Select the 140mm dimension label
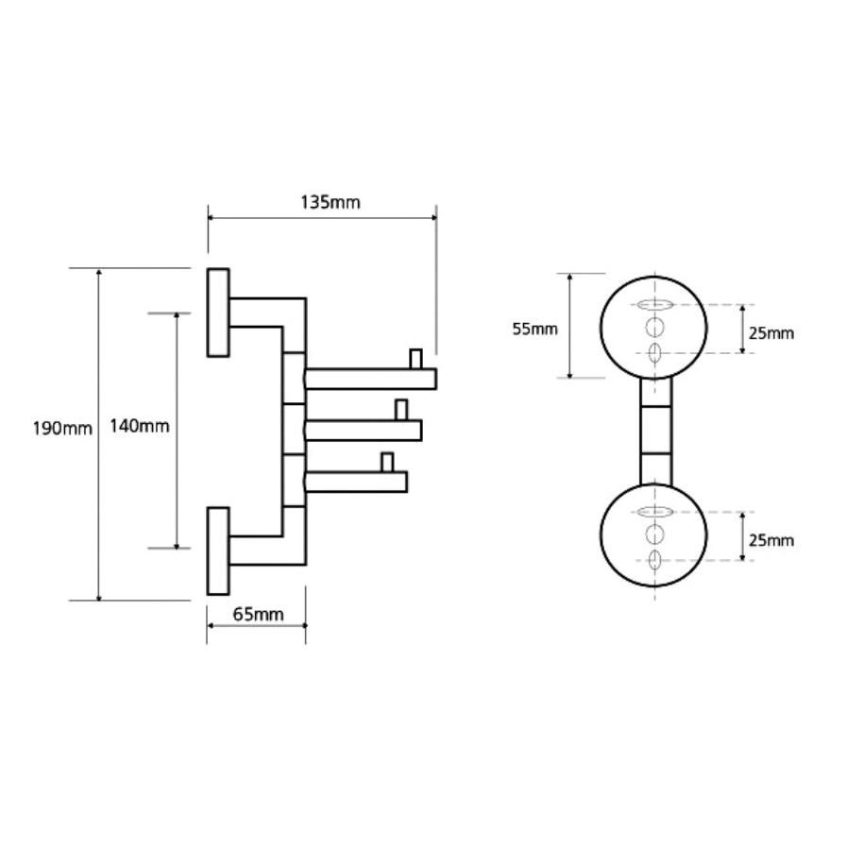point(139,426)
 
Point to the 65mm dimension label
point(257,615)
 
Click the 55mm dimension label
point(535,329)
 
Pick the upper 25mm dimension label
point(772,332)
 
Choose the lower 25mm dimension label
point(772,540)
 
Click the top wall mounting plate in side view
point(218,313)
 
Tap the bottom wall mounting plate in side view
point(218,551)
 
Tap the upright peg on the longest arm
point(414,359)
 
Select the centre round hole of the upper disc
point(654,328)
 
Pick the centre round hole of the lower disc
point(654,534)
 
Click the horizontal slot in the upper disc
point(654,305)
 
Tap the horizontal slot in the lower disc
point(654,512)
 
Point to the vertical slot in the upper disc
point(654,353)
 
